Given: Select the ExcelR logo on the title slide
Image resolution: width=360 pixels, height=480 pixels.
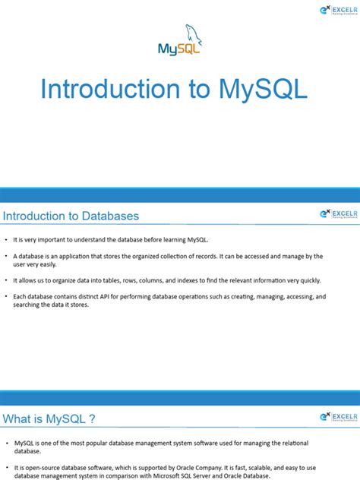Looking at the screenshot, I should [335, 10].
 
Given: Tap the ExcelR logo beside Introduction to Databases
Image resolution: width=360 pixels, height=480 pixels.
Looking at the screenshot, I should [335, 215].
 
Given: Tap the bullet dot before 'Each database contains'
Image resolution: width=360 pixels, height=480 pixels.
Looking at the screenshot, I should [6, 297].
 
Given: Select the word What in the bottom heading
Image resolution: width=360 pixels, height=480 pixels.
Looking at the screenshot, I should [21, 418].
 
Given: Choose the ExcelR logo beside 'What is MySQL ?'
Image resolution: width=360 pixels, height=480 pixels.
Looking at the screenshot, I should [335, 418].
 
